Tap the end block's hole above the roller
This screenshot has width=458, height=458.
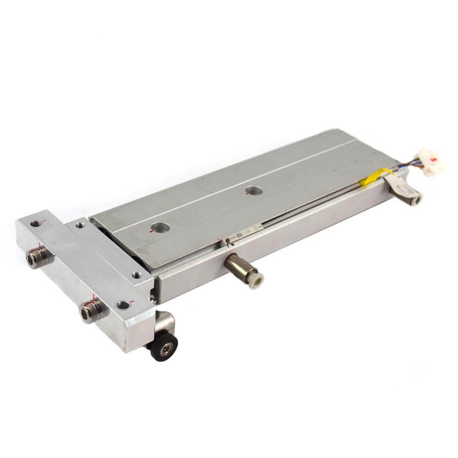pyautogui.click(x=123, y=305)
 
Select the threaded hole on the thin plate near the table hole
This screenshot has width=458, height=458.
pyautogui.click(x=137, y=275)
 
